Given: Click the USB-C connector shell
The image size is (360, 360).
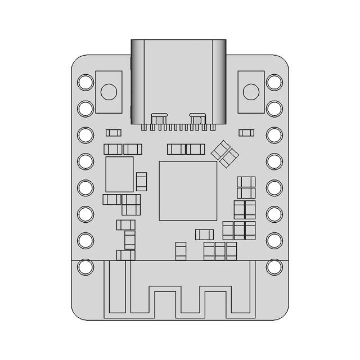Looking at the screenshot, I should (x=178, y=79).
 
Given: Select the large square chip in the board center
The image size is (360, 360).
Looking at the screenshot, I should (x=187, y=191).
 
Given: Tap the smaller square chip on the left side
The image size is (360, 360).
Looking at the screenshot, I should (x=119, y=174).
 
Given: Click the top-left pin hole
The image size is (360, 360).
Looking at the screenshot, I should (x=85, y=82).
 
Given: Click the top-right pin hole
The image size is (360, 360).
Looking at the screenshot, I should (x=274, y=82).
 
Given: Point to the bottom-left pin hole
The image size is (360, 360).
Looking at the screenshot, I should (x=85, y=267).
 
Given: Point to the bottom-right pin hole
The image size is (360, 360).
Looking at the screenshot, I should (x=274, y=267).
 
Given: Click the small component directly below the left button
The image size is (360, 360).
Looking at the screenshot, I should (x=114, y=133).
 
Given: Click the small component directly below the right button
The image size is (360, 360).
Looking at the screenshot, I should (x=246, y=133).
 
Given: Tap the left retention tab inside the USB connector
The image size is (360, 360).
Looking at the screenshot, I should (x=159, y=118).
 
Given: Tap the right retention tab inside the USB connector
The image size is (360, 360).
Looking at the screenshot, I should (x=197, y=118).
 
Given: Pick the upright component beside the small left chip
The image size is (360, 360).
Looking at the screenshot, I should (x=142, y=181).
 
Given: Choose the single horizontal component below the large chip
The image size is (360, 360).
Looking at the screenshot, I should (x=204, y=234).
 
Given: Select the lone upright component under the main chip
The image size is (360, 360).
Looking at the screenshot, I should (x=181, y=251).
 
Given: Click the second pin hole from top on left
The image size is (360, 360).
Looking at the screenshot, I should (x=85, y=108).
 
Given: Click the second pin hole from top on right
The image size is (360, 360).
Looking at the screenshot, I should (x=274, y=108).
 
